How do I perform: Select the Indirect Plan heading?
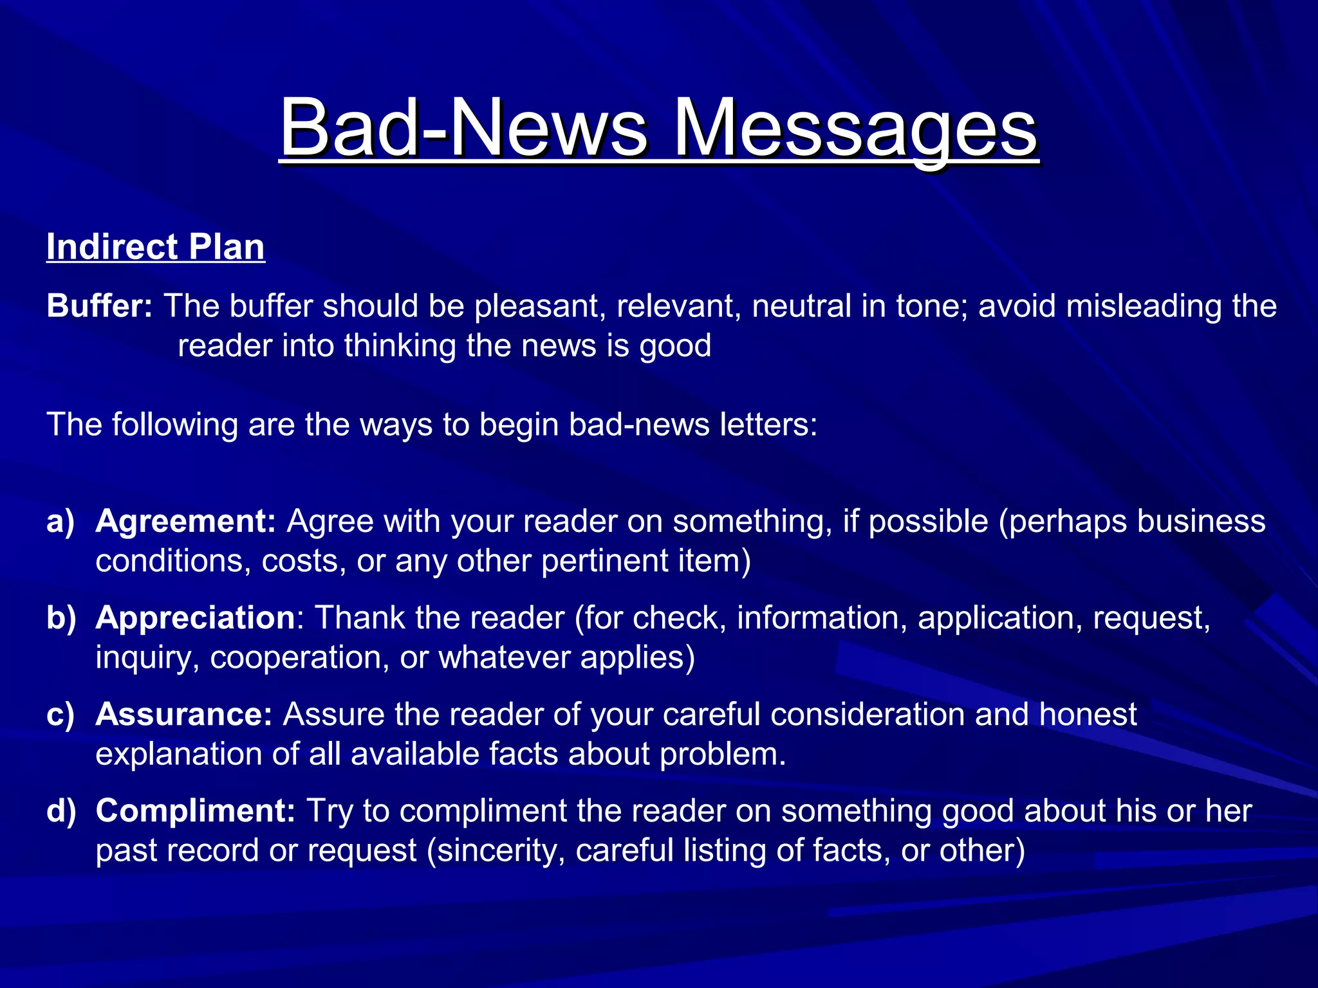[x=156, y=247]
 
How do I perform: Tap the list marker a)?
[x=61, y=522]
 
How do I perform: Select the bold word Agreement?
[x=185, y=522]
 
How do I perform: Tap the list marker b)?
[x=61, y=618]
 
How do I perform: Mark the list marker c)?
[x=61, y=715]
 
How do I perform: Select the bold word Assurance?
[x=184, y=715]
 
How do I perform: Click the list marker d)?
[x=61, y=811]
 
